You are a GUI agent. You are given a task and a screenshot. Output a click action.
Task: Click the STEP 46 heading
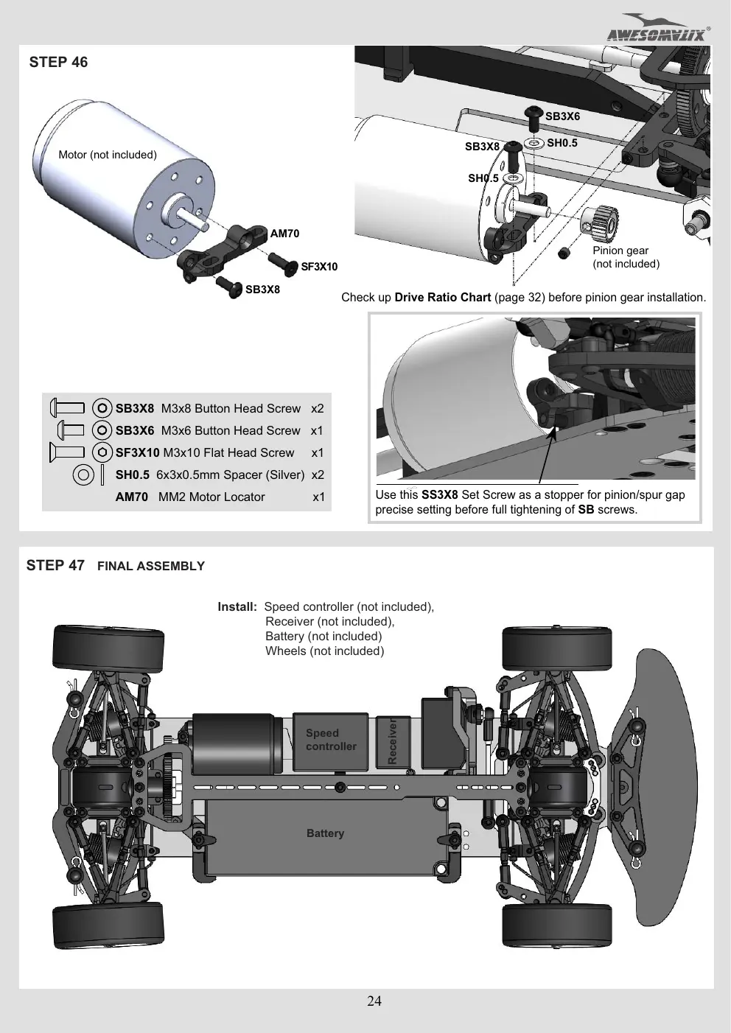pyautogui.click(x=58, y=62)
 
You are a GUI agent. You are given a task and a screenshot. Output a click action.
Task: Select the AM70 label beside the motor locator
pyautogui.click(x=284, y=234)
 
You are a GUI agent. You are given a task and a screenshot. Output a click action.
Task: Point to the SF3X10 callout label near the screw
pyautogui.click(x=319, y=267)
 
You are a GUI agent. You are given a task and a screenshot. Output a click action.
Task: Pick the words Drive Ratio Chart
pyautogui.click(x=442, y=298)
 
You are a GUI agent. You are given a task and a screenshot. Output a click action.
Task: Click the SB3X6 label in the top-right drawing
pyautogui.click(x=562, y=116)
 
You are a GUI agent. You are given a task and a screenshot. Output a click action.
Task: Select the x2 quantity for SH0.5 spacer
pyautogui.click(x=318, y=475)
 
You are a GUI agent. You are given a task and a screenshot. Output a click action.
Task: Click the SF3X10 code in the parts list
pyautogui.click(x=138, y=452)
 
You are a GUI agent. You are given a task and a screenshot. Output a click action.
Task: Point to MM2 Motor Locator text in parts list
pyautogui.click(x=211, y=497)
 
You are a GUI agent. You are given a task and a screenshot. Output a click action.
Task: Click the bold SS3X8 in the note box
pyautogui.click(x=439, y=495)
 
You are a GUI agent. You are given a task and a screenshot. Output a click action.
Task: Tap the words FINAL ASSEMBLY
pyautogui.click(x=151, y=566)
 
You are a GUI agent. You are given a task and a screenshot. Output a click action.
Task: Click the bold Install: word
pyautogui.click(x=237, y=606)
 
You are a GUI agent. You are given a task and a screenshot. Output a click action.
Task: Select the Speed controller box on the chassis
pyautogui.click(x=331, y=741)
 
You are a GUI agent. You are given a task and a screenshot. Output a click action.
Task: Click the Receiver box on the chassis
pyautogui.click(x=393, y=741)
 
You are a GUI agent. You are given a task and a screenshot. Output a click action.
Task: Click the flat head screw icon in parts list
pyautogui.click(x=67, y=452)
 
